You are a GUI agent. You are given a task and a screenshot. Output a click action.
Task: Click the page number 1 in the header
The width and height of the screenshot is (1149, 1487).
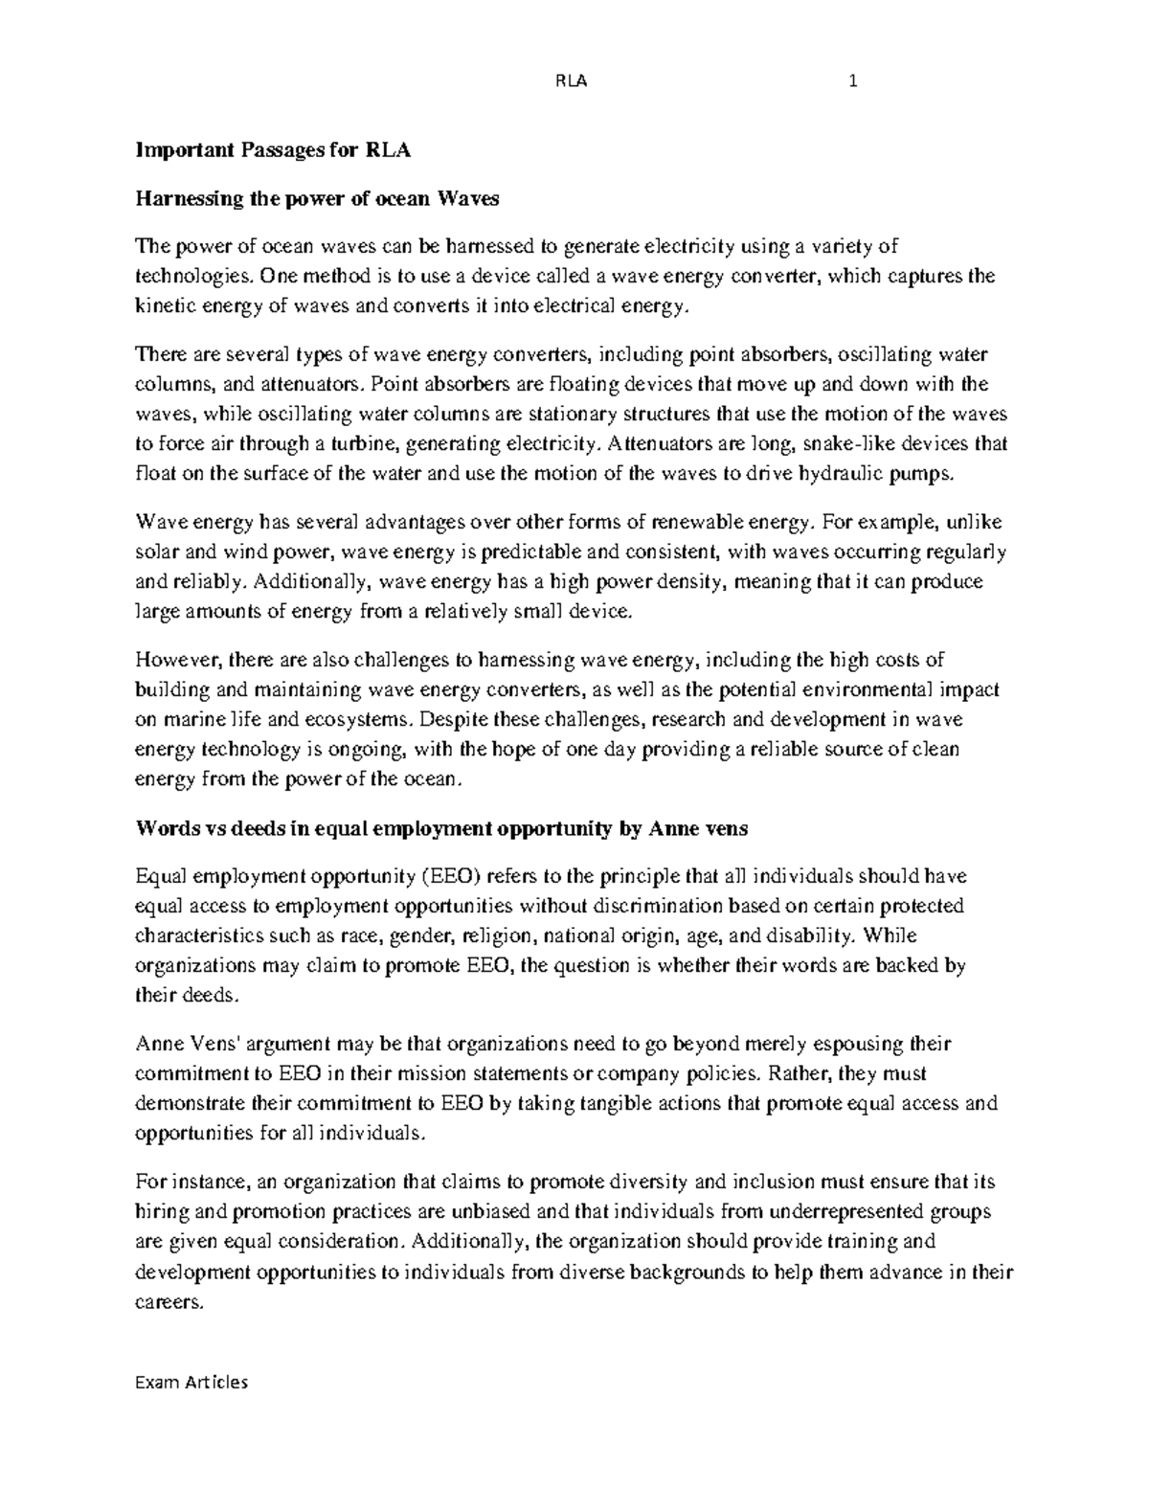tap(852, 81)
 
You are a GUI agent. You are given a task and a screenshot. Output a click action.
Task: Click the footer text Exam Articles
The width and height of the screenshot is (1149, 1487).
tap(191, 1382)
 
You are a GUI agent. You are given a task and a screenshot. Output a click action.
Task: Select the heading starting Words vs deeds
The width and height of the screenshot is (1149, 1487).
tap(441, 830)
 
